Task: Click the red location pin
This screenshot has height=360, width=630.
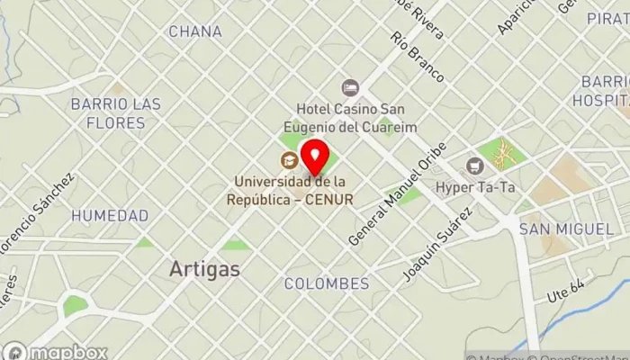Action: (314, 158)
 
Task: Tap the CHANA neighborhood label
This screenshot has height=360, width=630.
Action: (194, 31)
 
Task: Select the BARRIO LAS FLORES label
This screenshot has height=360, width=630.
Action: (116, 112)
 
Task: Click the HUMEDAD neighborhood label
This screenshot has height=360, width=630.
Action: (110, 216)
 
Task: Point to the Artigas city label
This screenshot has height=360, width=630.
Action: (204, 268)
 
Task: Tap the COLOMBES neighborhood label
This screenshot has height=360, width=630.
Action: (326, 283)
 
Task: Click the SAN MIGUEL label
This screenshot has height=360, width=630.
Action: (565, 230)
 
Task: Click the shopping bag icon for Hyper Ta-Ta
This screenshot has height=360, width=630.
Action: (474, 166)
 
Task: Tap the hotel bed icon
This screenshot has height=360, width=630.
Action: (349, 87)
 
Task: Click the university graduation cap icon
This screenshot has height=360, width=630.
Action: (289, 161)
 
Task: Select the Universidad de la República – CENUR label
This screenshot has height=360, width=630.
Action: (290, 189)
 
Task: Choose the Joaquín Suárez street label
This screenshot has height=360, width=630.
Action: (438, 244)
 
